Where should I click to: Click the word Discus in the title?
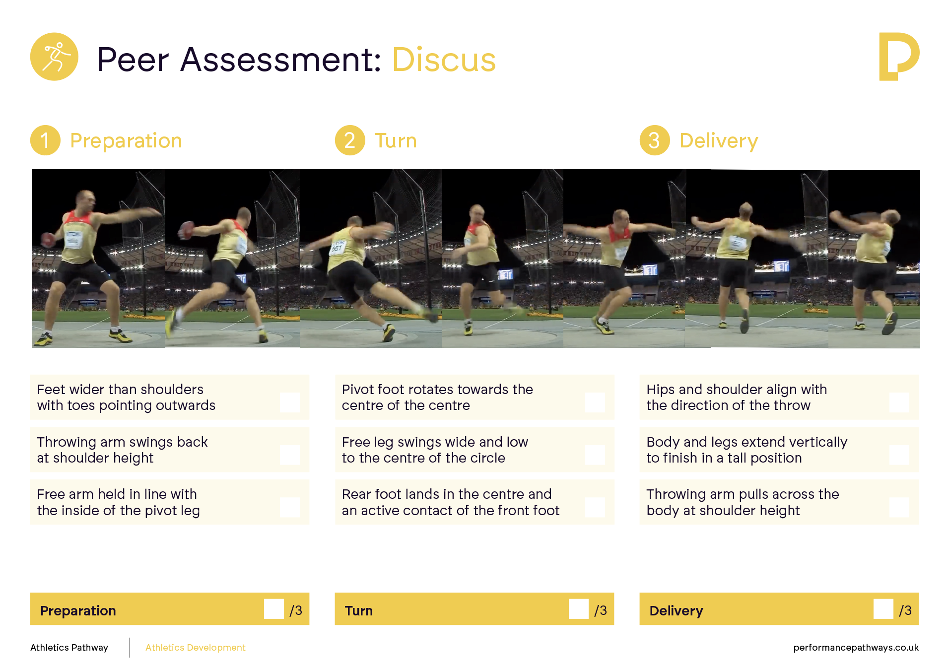pos(444,60)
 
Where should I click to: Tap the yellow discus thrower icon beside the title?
pos(54,57)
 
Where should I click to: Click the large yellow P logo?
pos(899,56)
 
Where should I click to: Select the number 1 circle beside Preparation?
pos(45,140)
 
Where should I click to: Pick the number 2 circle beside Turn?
pos(350,140)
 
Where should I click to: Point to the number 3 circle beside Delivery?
pos(655,140)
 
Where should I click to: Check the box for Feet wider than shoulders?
pos(289,403)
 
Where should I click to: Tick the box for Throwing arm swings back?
pos(289,455)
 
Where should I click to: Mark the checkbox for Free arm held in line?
pos(289,507)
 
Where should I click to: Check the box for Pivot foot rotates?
pos(595,403)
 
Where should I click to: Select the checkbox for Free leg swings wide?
pos(595,455)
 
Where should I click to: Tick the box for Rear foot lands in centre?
pos(595,507)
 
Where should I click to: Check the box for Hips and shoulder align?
pos(899,403)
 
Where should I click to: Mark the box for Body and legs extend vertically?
pos(899,455)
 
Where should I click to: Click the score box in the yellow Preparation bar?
pos(274,609)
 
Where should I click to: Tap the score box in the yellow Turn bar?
pos(579,609)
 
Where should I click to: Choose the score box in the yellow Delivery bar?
pos(883,609)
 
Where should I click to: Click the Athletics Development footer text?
pos(196,648)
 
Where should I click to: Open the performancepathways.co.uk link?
pos(856,648)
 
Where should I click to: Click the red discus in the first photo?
pos(48,240)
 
